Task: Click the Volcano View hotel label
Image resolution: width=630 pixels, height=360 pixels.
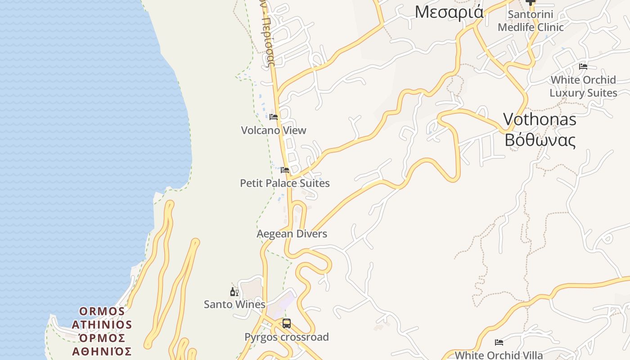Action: coord(274,130)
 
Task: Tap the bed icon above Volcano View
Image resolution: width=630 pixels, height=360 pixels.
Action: coord(274,117)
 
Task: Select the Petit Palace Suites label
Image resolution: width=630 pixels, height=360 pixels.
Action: coord(285,183)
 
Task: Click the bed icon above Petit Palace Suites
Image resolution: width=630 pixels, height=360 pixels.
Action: coord(285,170)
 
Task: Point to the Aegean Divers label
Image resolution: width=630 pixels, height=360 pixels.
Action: coord(292,234)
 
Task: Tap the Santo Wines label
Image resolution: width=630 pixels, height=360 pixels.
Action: coord(234,305)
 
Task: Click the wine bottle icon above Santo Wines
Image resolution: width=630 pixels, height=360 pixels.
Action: coord(234,292)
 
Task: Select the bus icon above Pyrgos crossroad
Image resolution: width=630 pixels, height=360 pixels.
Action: coord(287,324)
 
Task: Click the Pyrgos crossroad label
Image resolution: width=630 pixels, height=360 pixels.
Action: coord(287,337)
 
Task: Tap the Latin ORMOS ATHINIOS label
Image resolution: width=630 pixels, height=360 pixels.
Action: coord(102,318)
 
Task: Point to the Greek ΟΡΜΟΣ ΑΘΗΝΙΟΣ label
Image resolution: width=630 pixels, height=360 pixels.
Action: coord(102,345)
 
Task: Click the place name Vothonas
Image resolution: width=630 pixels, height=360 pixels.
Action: coord(540,119)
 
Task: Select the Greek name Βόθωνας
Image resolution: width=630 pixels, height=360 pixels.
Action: coord(540,140)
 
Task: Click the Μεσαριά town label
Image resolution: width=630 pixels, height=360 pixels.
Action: coord(449,12)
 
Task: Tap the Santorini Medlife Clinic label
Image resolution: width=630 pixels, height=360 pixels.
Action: coord(531,21)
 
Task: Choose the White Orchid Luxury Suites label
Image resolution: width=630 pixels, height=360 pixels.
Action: coord(583,86)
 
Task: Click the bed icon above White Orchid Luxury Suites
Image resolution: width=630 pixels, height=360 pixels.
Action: coord(583,67)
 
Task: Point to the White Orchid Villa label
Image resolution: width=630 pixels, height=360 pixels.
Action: coord(499,355)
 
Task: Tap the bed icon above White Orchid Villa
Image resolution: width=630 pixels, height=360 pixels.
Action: coord(499,342)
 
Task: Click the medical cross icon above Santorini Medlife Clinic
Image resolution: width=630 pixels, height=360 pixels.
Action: coord(531,2)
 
